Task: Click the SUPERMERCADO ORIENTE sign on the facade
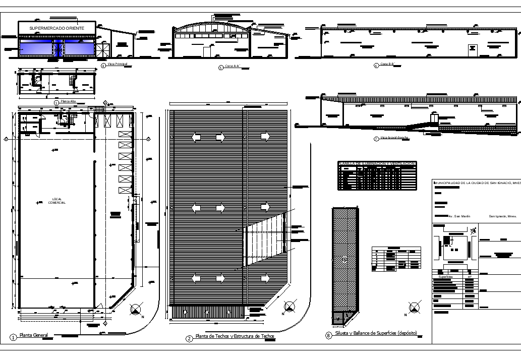coord(56,28)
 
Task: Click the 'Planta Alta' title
coord(68,102)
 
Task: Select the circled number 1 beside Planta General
coord(13,337)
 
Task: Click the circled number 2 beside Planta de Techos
coord(189,338)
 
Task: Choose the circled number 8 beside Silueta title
coord(329,335)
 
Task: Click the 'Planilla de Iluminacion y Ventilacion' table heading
coord(377,164)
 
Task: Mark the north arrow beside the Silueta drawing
coord(414,306)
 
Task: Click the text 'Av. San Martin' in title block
coord(459,216)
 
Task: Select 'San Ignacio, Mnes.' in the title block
coord(502,216)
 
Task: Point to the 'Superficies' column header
coord(446,277)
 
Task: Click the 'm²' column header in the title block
coord(469,277)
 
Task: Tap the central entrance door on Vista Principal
coord(59,49)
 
